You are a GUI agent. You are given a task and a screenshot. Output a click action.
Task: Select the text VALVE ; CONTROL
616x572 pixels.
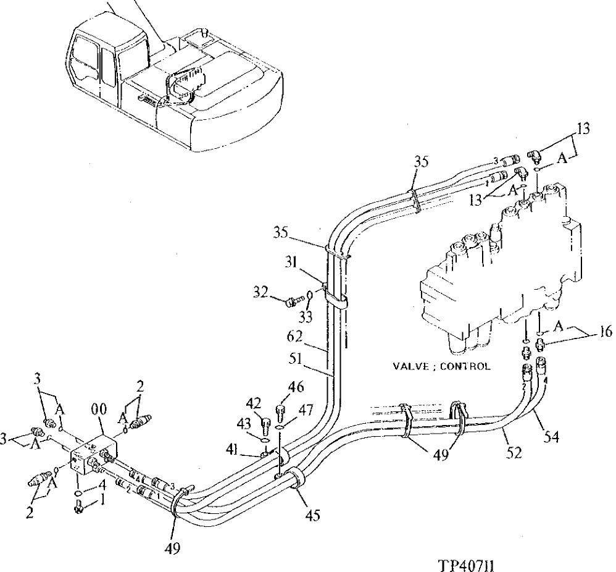pyautogui.click(x=441, y=366)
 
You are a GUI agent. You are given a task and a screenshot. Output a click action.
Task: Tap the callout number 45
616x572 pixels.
pyautogui.click(x=312, y=515)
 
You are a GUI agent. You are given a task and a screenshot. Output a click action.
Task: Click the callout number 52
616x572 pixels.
pyautogui.click(x=514, y=453)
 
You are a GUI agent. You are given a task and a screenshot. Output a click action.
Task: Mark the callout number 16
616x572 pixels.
pyautogui.click(x=605, y=334)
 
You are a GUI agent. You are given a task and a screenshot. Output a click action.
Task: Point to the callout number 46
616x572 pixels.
pyautogui.click(x=296, y=388)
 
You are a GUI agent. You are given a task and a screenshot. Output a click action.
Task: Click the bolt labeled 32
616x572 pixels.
pyautogui.click(x=291, y=300)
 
